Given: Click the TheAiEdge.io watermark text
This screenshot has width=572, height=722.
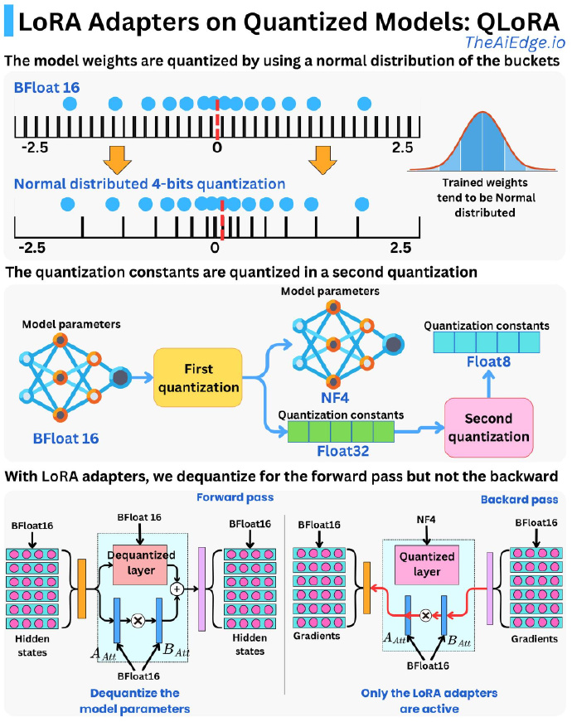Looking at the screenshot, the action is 515,42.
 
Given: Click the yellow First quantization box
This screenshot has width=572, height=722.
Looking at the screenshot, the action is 198,377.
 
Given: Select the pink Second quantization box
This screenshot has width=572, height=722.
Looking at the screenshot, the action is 488,427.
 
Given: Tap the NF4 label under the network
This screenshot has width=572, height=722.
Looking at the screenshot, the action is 335,397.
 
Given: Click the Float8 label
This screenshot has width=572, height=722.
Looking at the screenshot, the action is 488,362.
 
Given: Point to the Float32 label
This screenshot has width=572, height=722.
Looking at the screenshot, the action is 343,451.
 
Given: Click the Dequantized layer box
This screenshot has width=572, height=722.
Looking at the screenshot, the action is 141,562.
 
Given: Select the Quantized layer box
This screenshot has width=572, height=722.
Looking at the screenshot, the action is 426,564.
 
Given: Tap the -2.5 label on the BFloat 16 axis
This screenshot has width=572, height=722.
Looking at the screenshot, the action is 35,148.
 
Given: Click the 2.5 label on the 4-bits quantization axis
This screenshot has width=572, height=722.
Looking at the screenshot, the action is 400,248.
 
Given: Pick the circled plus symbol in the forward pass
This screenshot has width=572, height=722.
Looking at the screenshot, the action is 177,589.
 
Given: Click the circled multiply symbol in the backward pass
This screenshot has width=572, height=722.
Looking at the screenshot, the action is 426,615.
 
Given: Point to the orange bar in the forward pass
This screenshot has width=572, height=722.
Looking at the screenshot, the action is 82,589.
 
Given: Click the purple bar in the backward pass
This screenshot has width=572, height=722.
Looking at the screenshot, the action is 490,589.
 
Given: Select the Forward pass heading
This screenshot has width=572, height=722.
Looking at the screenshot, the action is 235,497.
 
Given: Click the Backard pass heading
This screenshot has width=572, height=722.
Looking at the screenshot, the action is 519,500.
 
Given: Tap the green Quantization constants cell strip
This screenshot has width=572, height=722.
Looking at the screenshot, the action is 341,432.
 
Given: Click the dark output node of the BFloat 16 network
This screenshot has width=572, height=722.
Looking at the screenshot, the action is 120,377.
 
